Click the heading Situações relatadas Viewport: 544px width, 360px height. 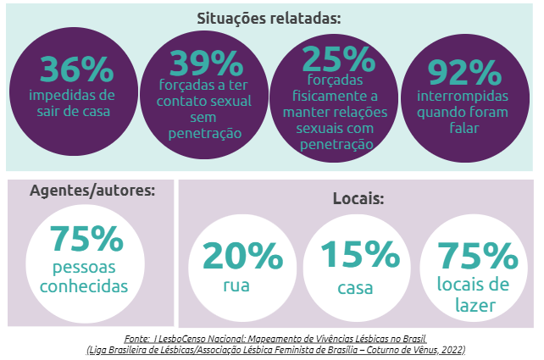click(270, 18)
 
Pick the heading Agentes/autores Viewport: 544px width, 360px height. click(92, 191)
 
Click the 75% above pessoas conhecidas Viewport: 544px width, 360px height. click(87, 240)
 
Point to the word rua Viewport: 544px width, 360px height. click(236, 285)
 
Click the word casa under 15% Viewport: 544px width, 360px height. click(356, 288)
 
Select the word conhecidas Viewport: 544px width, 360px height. click(88, 285)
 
